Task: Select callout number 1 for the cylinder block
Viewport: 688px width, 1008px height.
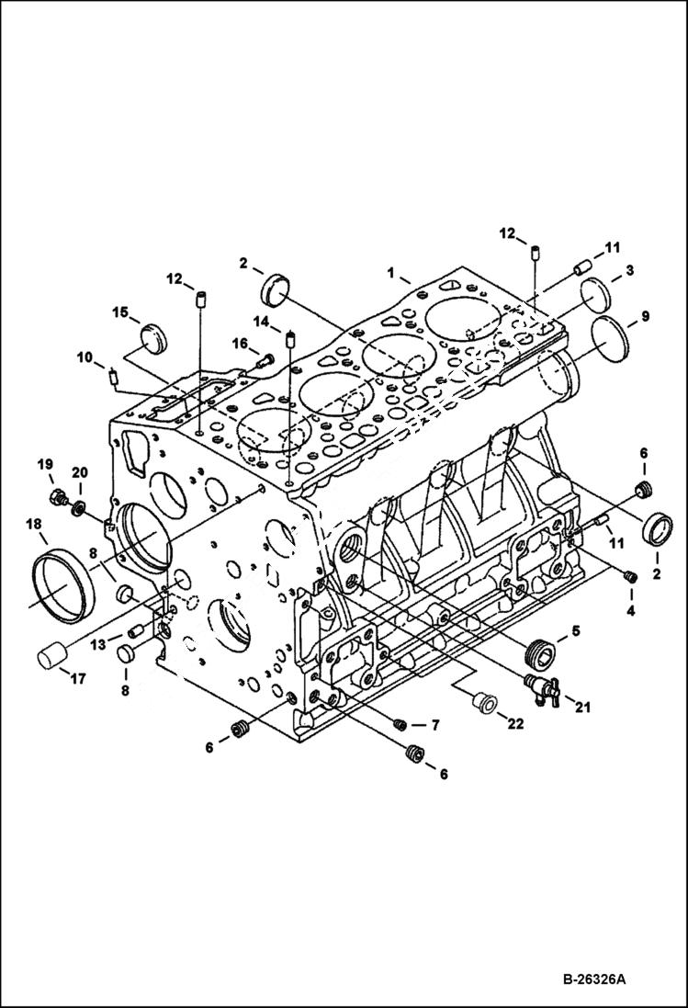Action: click(x=391, y=273)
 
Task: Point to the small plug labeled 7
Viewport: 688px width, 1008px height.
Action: click(x=400, y=725)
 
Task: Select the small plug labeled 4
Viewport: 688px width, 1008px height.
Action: click(x=630, y=576)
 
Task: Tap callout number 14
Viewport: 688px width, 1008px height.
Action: click(x=262, y=322)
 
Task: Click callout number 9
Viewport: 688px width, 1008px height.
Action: click(x=645, y=316)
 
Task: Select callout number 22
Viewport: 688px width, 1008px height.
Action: click(x=516, y=723)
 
